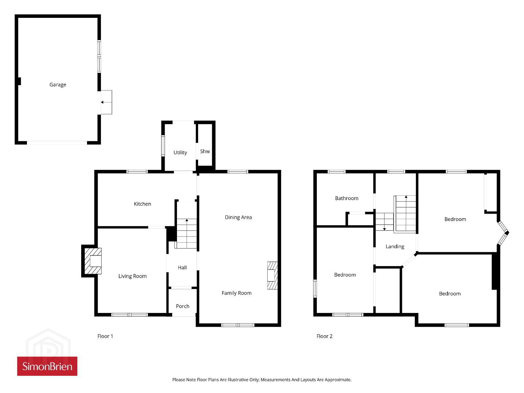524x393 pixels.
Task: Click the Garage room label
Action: click(x=58, y=85)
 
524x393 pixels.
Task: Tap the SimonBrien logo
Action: click(x=47, y=366)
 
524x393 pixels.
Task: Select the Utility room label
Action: click(x=180, y=152)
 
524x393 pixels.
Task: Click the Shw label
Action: click(x=205, y=151)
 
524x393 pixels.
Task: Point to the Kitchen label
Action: click(x=142, y=204)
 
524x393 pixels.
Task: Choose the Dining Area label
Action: click(x=238, y=217)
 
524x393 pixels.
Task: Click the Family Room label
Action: click(x=236, y=293)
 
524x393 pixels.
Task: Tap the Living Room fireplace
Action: click(x=93, y=261)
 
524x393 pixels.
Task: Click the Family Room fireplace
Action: click(x=272, y=275)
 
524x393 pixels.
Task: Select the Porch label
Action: click(x=183, y=306)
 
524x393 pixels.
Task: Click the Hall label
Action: click(x=182, y=267)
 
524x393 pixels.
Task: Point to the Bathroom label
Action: click(x=347, y=198)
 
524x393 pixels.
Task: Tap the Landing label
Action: click(x=395, y=247)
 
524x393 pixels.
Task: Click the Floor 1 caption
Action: click(x=105, y=336)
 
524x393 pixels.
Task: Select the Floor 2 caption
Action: click(x=324, y=336)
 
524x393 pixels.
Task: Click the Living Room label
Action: click(x=133, y=276)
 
